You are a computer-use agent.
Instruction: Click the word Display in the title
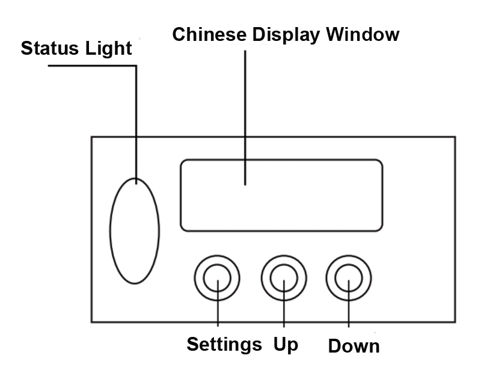287,35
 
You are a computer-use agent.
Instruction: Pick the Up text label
286,345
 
